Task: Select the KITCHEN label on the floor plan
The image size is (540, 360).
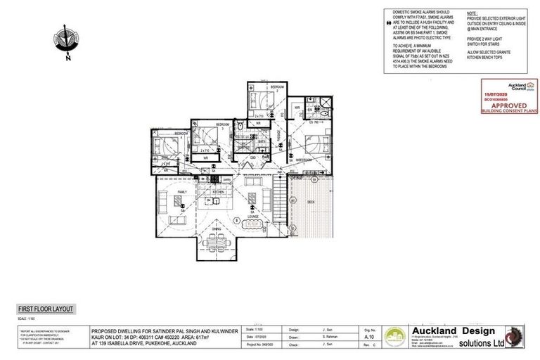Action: [218, 191]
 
